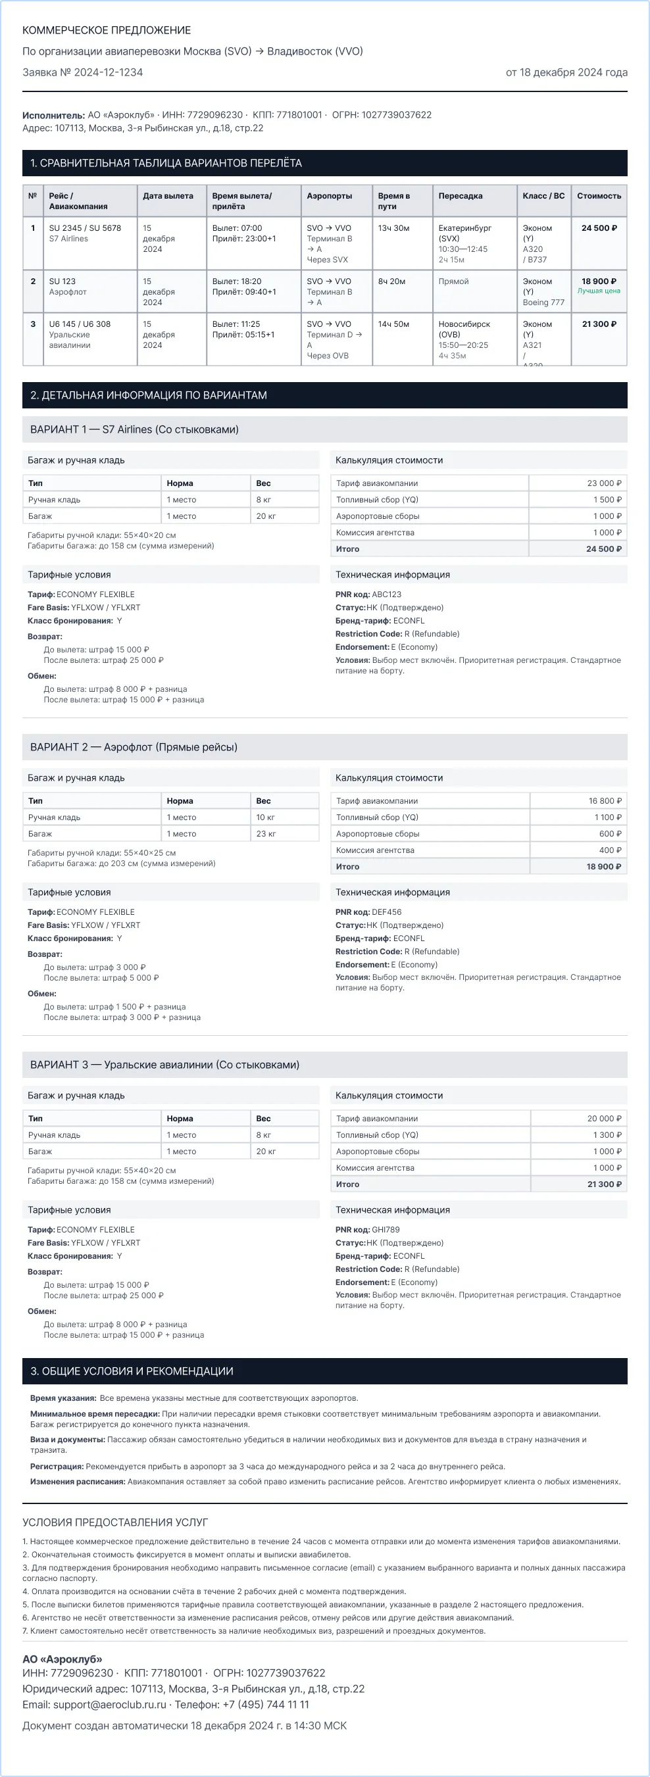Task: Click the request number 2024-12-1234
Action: point(109,72)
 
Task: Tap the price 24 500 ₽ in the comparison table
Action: point(599,228)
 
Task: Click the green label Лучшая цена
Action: point(599,291)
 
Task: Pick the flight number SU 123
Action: point(62,281)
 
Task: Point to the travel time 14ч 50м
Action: point(393,324)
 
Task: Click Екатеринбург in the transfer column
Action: point(464,228)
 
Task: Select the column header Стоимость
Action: point(599,196)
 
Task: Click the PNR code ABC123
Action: point(386,595)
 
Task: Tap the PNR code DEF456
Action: point(386,912)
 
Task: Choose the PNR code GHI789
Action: point(386,1229)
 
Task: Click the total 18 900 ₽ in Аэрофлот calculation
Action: point(604,867)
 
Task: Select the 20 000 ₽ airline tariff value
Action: point(604,1119)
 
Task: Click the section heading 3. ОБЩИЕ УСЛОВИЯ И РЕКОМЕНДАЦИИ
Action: point(132,1371)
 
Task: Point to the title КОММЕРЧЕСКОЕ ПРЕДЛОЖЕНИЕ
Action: point(107,30)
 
